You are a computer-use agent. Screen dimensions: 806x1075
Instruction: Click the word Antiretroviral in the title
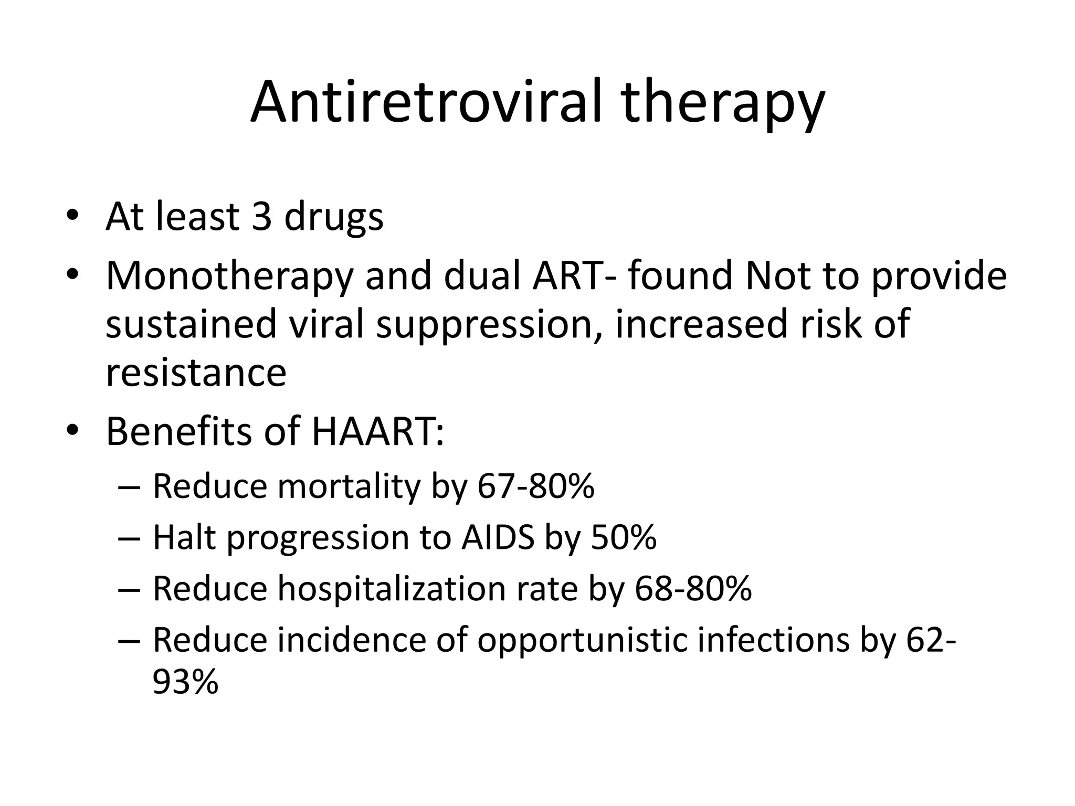[x=425, y=102]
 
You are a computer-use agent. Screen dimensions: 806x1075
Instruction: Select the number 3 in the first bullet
[x=261, y=216]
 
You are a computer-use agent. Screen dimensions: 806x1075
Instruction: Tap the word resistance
[x=196, y=373]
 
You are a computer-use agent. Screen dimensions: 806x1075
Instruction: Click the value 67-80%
[x=535, y=486]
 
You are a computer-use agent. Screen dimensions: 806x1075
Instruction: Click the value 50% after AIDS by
[x=624, y=538]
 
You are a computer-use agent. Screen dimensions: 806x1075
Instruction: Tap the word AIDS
[x=498, y=538]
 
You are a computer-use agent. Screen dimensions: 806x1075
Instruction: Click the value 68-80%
[x=693, y=589]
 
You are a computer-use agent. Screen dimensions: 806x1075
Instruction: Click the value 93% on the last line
[x=185, y=682]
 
